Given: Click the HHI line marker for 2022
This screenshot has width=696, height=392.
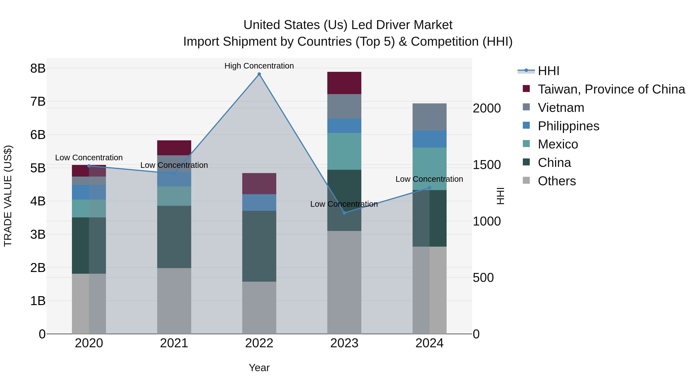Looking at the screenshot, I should pyautogui.click(x=259, y=74).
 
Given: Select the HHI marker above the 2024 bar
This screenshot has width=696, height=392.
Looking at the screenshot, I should pyautogui.click(x=430, y=188).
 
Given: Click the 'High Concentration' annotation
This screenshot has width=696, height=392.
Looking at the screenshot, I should pyautogui.click(x=259, y=66).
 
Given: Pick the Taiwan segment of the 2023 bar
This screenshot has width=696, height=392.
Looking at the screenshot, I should pyautogui.click(x=344, y=83).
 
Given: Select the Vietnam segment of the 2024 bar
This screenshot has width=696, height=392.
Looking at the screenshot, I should pyautogui.click(x=429, y=117).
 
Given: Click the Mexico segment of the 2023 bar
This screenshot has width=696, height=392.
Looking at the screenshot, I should pyautogui.click(x=344, y=152).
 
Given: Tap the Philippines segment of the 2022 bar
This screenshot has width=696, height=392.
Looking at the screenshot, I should pyautogui.click(x=259, y=202).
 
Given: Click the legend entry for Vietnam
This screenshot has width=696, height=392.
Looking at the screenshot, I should pyautogui.click(x=561, y=108).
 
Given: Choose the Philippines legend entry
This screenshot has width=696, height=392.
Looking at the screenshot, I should pyautogui.click(x=568, y=126).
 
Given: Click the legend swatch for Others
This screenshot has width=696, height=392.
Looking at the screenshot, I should pyautogui.click(x=526, y=180).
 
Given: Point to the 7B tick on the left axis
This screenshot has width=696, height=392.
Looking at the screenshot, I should pyautogui.click(x=38, y=102).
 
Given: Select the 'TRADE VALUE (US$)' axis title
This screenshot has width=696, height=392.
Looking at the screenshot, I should pyautogui.click(x=8, y=196).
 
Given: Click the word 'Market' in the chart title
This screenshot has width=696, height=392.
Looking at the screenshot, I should pyautogui.click(x=433, y=25).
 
